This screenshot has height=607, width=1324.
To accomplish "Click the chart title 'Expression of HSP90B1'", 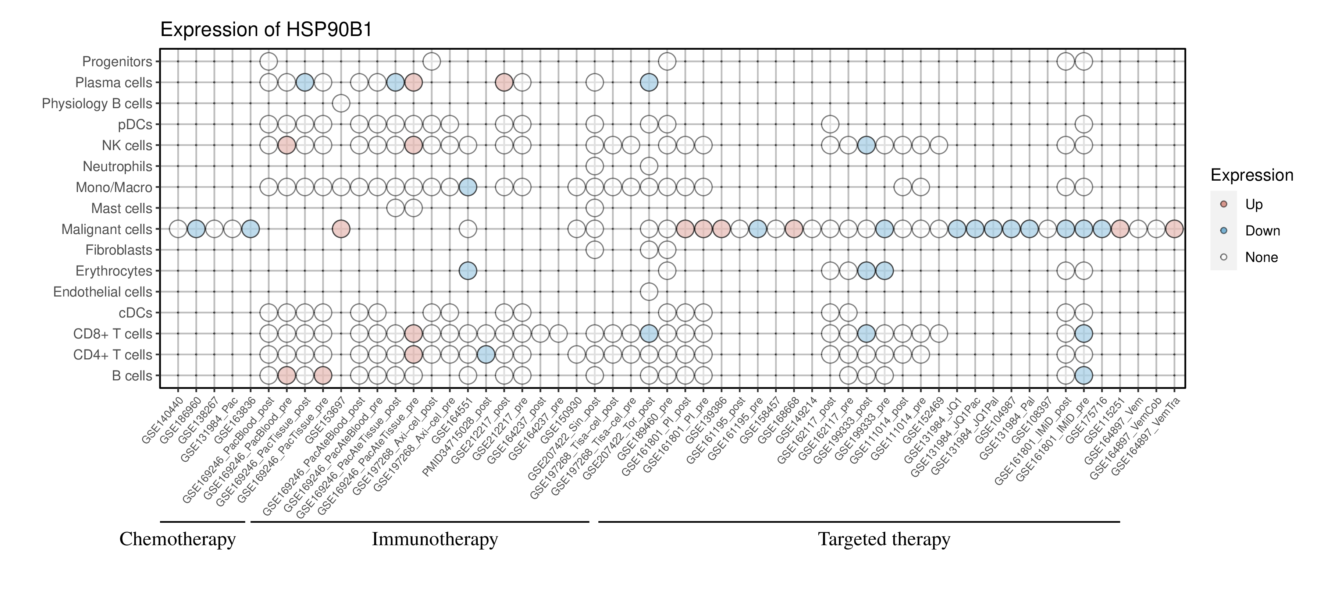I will click(266, 30).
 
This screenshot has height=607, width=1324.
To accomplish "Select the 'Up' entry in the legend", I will click(1254, 205).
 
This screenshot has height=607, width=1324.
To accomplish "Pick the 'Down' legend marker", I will click(1224, 231).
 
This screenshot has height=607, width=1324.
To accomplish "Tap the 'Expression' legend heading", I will click(1252, 175).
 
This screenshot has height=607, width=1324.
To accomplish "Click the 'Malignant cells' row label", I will click(107, 229).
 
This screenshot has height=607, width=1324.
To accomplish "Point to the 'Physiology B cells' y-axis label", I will click(97, 104).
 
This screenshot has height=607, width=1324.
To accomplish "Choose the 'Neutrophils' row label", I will click(118, 167).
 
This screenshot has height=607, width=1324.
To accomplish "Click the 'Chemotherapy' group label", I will click(177, 539).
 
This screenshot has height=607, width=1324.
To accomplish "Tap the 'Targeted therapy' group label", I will click(884, 539).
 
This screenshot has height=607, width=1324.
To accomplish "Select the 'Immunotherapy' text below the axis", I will click(435, 539).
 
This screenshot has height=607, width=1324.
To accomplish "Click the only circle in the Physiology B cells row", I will click(341, 103).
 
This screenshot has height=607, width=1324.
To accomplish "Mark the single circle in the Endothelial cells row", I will click(649, 292).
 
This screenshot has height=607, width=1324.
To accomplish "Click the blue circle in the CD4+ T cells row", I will click(486, 355).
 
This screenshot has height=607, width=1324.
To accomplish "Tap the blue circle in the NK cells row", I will click(866, 145).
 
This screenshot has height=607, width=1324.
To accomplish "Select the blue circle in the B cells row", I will click(1083, 376).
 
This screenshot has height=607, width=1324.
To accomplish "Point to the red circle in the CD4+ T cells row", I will click(413, 355).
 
